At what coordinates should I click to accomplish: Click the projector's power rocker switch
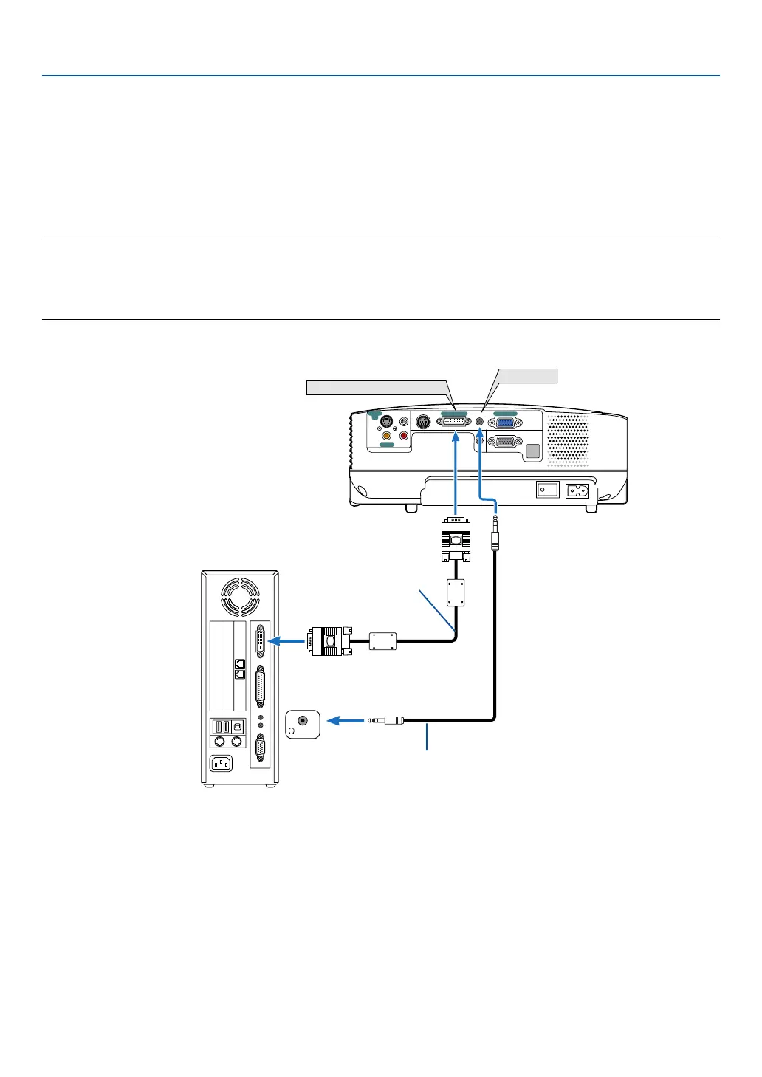pyautogui.click(x=547, y=490)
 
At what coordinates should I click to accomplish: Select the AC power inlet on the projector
pyautogui.click(x=577, y=490)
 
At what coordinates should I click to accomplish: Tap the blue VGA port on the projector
pyautogui.click(x=505, y=423)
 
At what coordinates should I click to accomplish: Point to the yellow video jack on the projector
pyautogui.click(x=386, y=436)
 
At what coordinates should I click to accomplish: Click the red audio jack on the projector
pyautogui.click(x=403, y=436)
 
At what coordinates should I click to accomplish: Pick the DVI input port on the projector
pyautogui.click(x=453, y=422)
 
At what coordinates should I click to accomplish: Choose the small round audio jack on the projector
pyautogui.click(x=480, y=422)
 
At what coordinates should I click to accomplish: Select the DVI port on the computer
pyautogui.click(x=260, y=641)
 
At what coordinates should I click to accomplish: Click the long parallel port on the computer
pyautogui.click(x=260, y=687)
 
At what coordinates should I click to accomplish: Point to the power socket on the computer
pyautogui.click(x=222, y=763)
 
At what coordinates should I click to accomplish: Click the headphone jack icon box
pyautogui.click(x=302, y=724)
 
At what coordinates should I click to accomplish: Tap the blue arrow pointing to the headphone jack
pyautogui.click(x=345, y=720)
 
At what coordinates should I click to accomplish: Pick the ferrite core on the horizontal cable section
pyautogui.click(x=382, y=640)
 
